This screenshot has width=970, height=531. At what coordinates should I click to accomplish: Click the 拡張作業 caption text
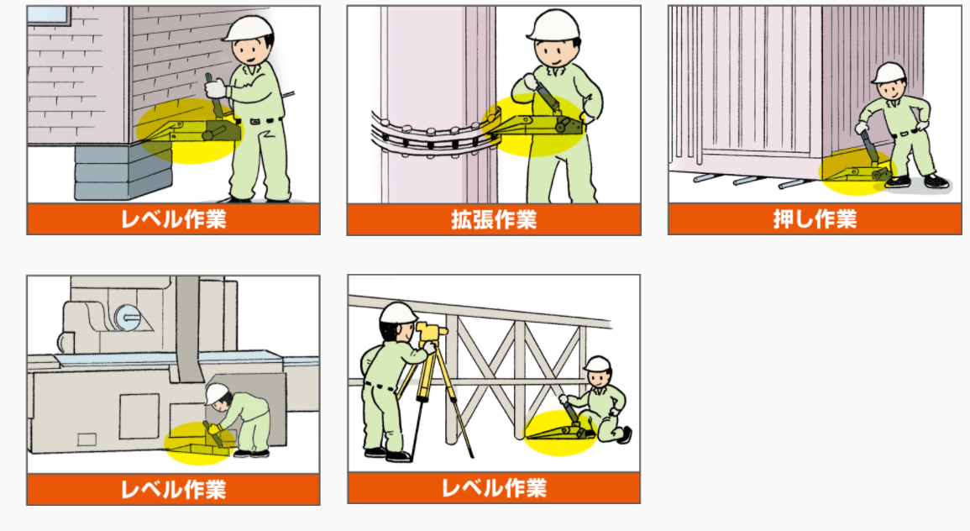[x=494, y=219]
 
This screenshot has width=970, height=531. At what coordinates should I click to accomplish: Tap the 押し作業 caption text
[x=815, y=219]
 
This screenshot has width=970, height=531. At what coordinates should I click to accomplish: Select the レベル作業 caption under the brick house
[x=173, y=219]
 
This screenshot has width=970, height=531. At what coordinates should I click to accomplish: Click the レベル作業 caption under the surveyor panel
[x=494, y=488]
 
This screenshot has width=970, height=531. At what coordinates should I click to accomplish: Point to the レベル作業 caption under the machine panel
[x=173, y=490]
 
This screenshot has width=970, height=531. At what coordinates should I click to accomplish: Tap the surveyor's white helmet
[x=398, y=313]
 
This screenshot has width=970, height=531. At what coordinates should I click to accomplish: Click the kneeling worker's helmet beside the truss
[x=598, y=363]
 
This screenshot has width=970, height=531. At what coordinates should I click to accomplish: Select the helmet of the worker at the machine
[x=217, y=393]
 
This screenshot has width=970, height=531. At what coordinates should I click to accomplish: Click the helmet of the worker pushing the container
[x=889, y=73]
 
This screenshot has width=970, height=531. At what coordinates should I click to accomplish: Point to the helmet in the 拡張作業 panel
[x=553, y=24]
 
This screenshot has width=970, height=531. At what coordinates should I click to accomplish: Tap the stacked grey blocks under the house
[x=123, y=171]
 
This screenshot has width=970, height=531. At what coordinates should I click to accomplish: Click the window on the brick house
[x=50, y=15]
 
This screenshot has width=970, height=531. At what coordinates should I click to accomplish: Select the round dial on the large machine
[x=128, y=318]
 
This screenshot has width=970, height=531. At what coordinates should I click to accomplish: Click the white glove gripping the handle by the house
[x=215, y=88]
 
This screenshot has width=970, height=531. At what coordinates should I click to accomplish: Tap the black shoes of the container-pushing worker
[x=917, y=182]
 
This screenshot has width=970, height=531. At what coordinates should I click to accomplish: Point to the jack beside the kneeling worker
[x=560, y=428]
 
